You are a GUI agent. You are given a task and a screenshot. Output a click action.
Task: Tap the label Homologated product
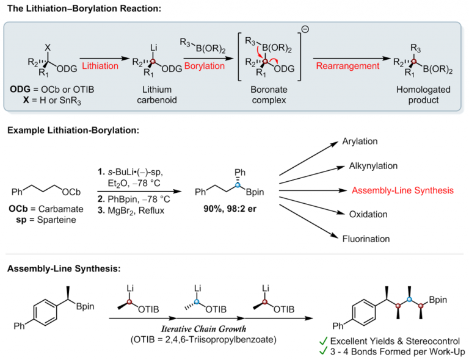(x=427, y=95)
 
